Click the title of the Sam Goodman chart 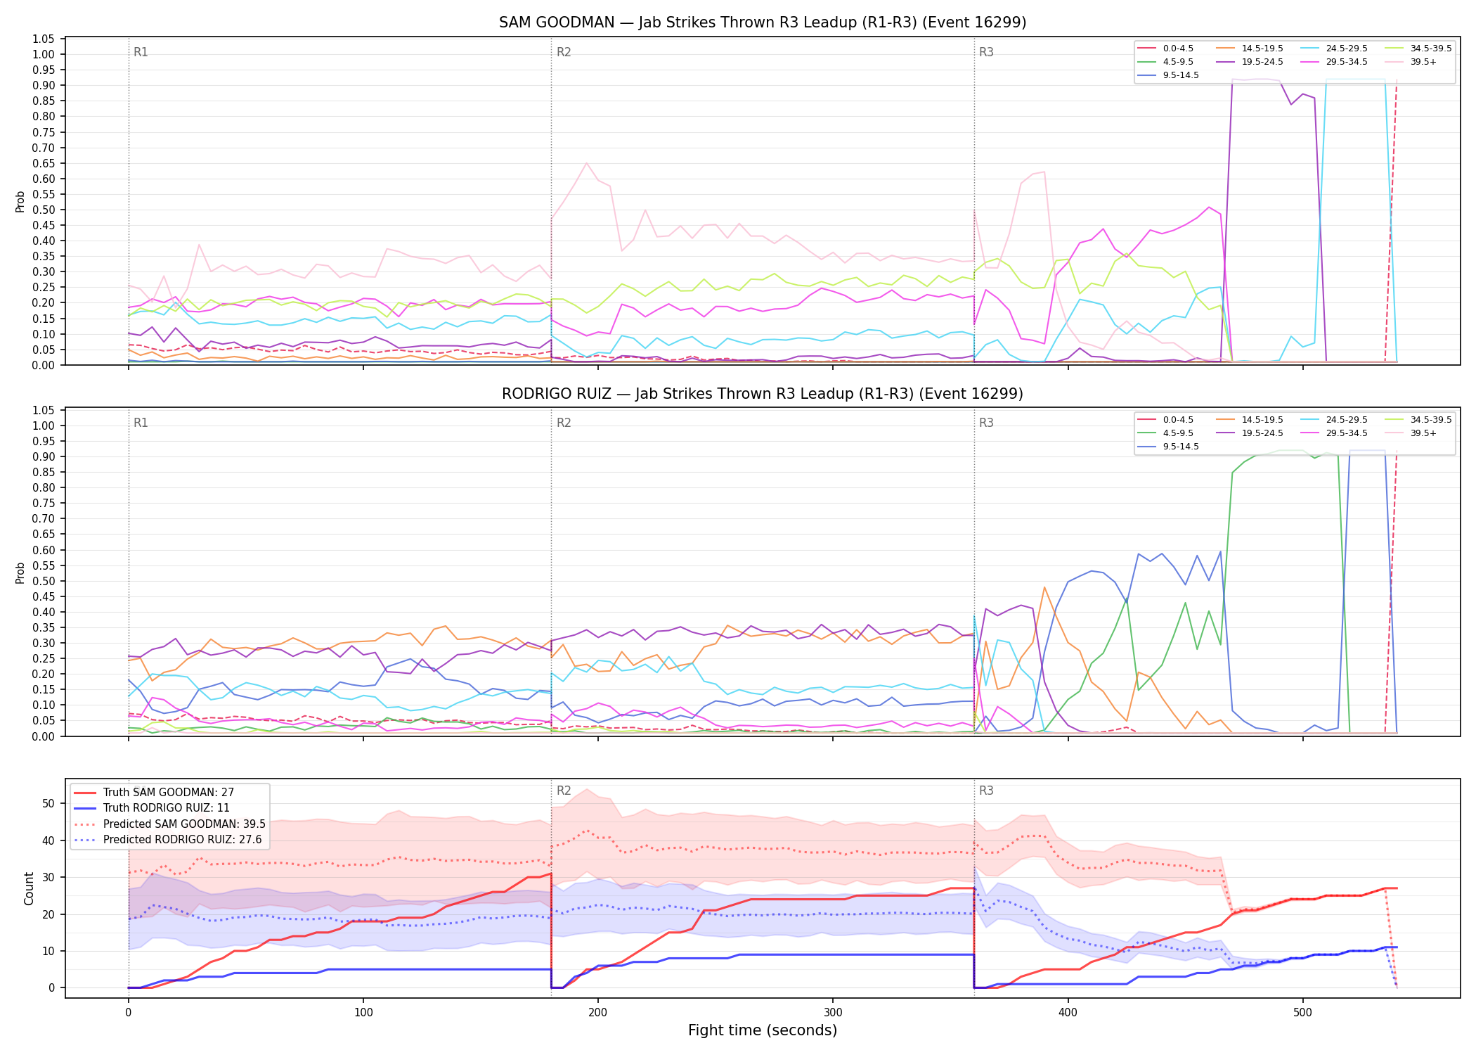pos(763,23)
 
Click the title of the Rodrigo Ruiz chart pos(763,394)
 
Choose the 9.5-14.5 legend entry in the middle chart pos(1168,447)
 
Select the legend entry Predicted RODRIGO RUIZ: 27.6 pos(169,840)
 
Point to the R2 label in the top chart pos(564,52)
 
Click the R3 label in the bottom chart pos(986,791)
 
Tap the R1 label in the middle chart pos(141,423)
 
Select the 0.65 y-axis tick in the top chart pos(44,163)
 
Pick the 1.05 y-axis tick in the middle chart pos(44,411)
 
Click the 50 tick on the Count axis pos(48,803)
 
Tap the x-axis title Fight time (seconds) pos(763,1030)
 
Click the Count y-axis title pos(29,888)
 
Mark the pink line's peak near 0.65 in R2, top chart pos(586,163)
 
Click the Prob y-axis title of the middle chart pos(20,573)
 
